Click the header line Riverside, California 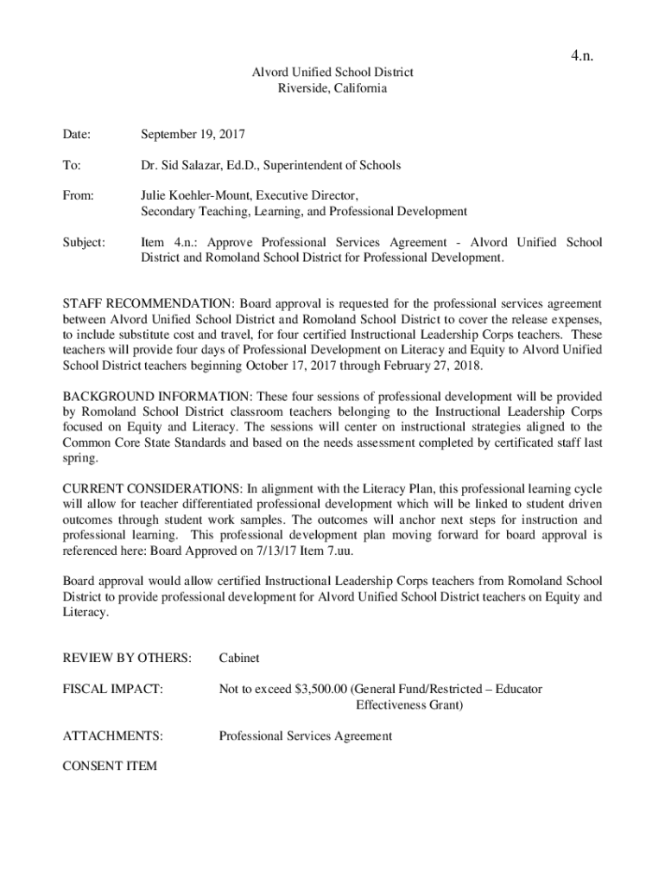pyautogui.click(x=332, y=88)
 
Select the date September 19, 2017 pyautogui.click(x=193, y=134)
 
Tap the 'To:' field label pyautogui.click(x=71, y=164)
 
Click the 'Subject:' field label pyautogui.click(x=84, y=242)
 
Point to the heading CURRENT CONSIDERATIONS pyautogui.click(x=153, y=488)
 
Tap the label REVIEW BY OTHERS pyautogui.click(x=127, y=659)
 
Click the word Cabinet pyautogui.click(x=239, y=659)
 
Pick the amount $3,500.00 pyautogui.click(x=320, y=689)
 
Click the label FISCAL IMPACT pyautogui.click(x=113, y=689)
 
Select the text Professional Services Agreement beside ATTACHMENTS pyautogui.click(x=305, y=735)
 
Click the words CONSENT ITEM pyautogui.click(x=110, y=766)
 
